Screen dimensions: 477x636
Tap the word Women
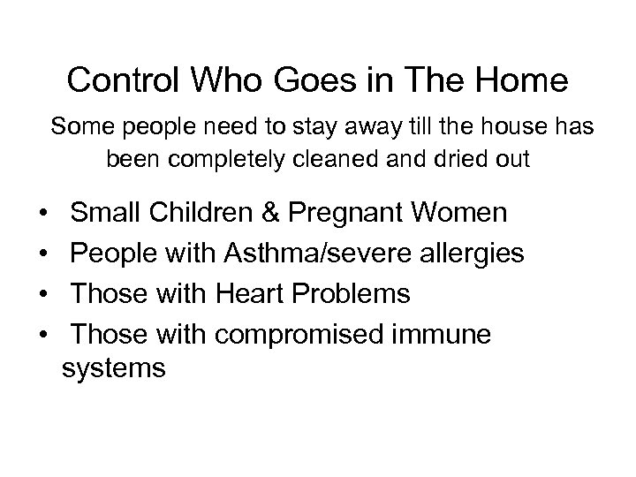[463, 214]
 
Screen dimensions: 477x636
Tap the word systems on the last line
[114, 367]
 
